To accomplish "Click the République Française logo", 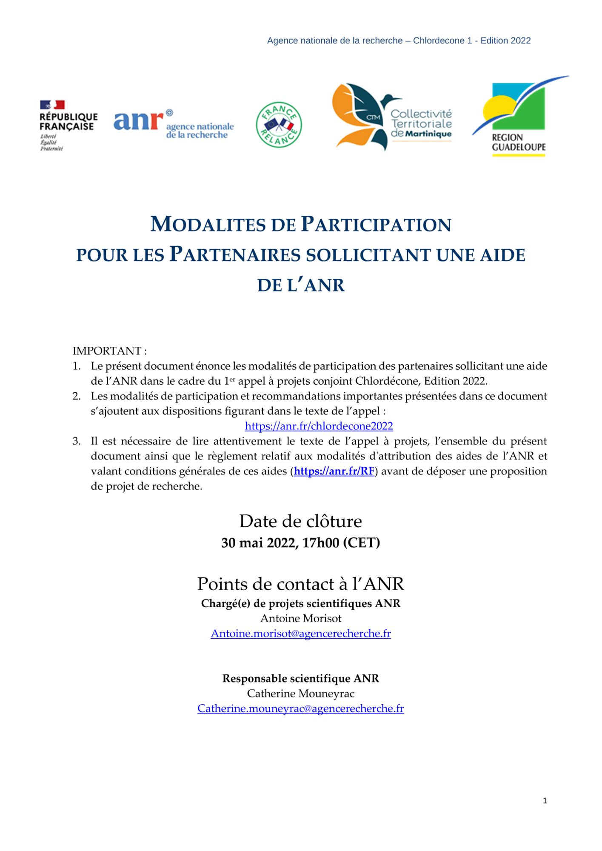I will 68,125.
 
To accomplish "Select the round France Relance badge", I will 279,125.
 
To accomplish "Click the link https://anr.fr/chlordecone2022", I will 319,426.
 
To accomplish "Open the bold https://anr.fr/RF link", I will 334,471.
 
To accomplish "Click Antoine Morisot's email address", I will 301,634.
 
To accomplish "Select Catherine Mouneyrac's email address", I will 301,708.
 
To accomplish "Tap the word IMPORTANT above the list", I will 107,351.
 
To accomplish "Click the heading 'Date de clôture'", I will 301,521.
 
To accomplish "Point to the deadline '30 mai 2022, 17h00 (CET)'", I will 301,543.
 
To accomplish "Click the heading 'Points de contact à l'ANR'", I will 301,584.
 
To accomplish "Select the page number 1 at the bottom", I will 545,801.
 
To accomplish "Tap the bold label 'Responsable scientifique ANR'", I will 301,678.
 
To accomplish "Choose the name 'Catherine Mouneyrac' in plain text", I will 301,694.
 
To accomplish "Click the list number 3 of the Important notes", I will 77,441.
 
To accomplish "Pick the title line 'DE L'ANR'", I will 301,285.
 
